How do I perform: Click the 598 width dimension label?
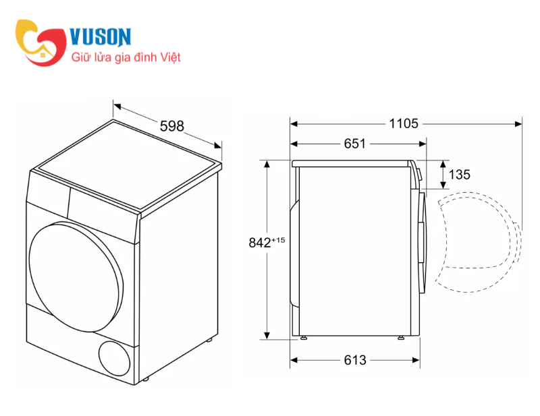172,126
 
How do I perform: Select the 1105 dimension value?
404,123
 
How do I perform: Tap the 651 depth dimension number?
355,144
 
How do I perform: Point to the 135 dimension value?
460,175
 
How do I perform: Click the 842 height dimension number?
260,243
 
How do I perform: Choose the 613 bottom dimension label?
355,360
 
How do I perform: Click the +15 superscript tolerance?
278,240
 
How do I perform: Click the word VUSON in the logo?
101,37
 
